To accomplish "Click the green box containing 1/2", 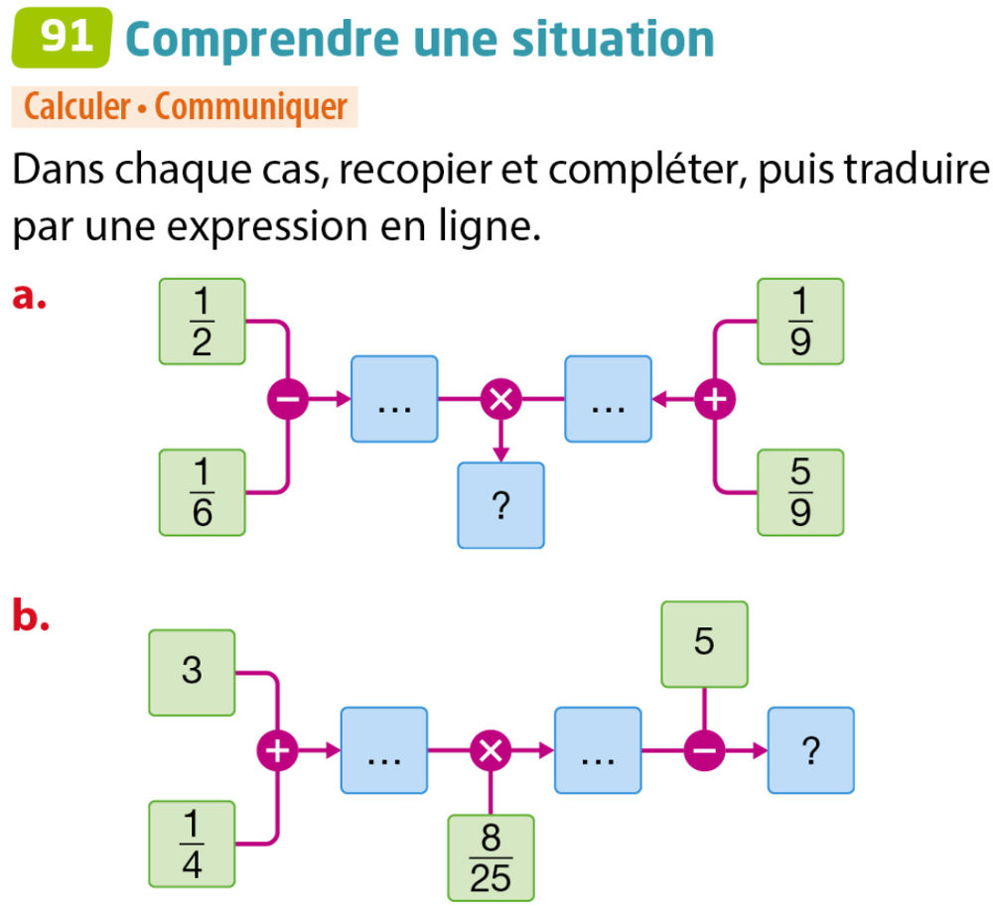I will [x=202, y=321].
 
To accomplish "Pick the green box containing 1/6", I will [x=202, y=491].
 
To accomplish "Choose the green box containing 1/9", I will [x=800, y=321].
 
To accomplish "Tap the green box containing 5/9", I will [x=800, y=491].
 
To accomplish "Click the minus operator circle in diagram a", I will [x=288, y=400].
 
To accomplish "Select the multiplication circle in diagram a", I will [x=500, y=400].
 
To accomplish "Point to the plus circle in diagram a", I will [x=713, y=400].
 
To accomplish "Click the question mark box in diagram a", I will [x=500, y=505].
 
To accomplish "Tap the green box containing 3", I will [x=192, y=672].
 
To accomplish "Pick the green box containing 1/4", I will [x=192, y=844].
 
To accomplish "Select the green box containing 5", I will [x=704, y=644].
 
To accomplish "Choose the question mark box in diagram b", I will [x=811, y=750].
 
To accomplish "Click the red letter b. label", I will [x=31, y=617].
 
